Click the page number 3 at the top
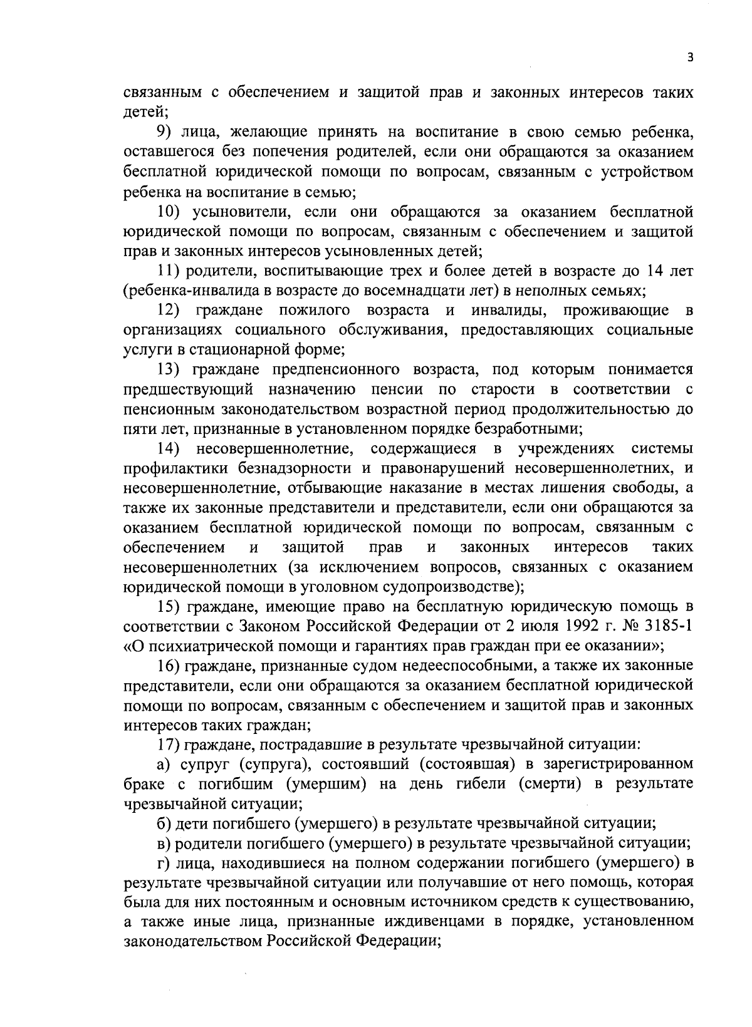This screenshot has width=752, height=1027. coord(690,57)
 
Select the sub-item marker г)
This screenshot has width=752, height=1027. coord(162,862)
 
